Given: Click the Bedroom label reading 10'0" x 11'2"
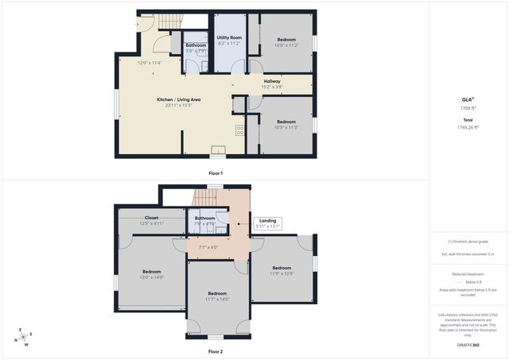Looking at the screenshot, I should pos(286,42).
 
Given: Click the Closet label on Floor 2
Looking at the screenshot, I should pos(151,220).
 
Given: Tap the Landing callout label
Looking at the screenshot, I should pos(268,223).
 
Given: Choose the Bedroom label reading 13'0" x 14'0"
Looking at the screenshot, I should pos(152,273).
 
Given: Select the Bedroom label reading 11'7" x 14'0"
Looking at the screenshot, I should pos(216,296).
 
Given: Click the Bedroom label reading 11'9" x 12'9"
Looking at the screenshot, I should pos(282,269).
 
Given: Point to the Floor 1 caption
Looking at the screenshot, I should pos(216,173).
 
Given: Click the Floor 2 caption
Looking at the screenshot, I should pos(216,351).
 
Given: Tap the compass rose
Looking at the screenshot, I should pos(24,335).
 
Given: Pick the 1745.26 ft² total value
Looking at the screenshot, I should pos(468,127).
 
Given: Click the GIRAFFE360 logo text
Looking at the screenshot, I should pos(468,346).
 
